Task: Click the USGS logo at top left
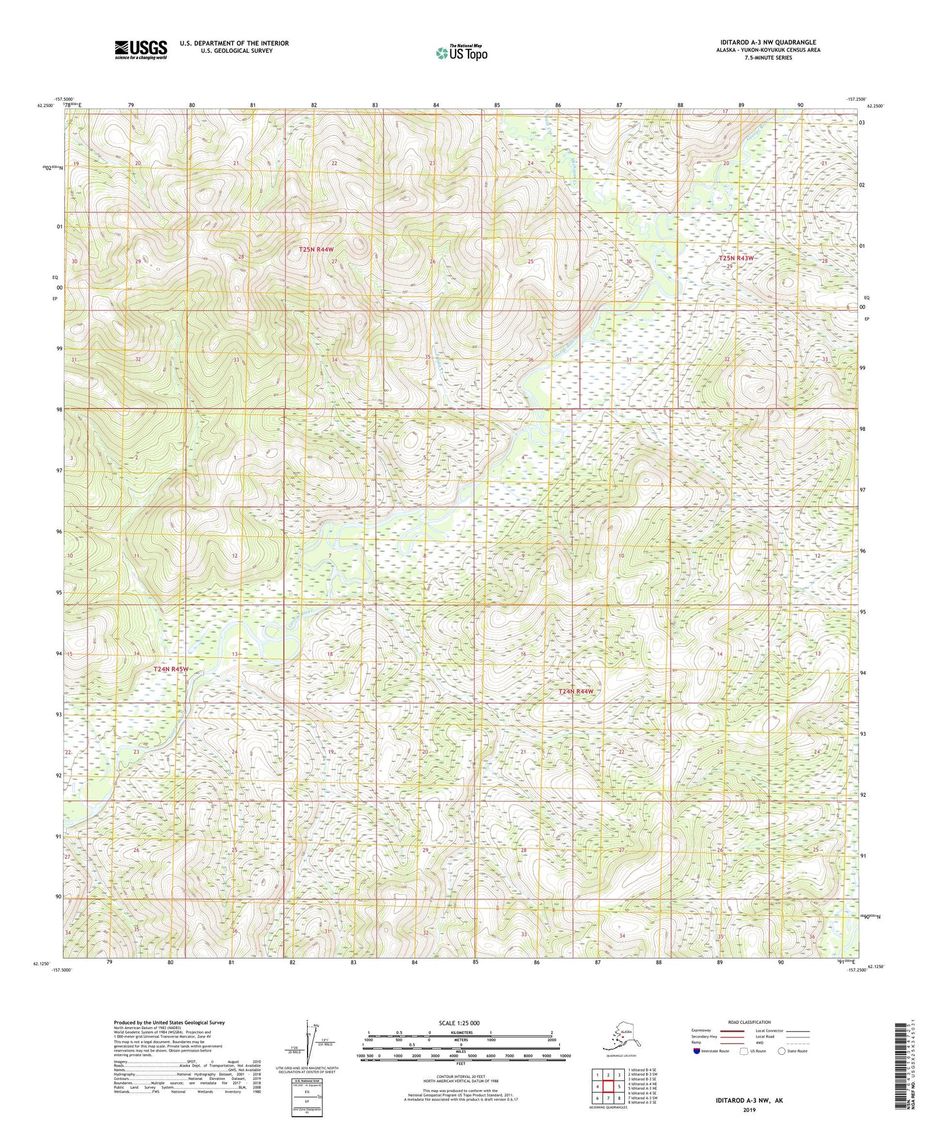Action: pyautogui.click(x=140, y=50)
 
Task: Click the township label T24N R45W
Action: pyautogui.click(x=171, y=670)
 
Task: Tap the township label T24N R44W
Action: pyautogui.click(x=575, y=691)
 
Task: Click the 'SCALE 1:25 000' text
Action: pyautogui.click(x=460, y=1023)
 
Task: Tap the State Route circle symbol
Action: pyautogui.click(x=782, y=1051)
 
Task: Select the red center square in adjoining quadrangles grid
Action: pyautogui.click(x=608, y=1086)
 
